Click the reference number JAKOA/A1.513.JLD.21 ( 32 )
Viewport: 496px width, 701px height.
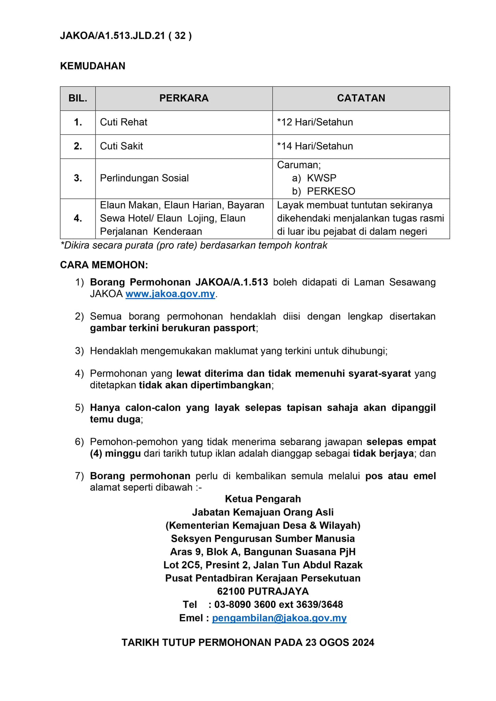[x=126, y=36]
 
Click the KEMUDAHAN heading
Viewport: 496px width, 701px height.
[x=92, y=66]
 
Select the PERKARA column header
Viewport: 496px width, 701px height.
[x=184, y=98]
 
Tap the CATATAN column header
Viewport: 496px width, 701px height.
[x=361, y=98]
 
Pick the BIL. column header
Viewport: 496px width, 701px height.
[x=78, y=98]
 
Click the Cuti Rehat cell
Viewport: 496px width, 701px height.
[x=124, y=122]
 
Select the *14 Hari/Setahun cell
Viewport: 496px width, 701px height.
[x=315, y=146]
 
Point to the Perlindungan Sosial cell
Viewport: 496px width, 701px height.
[x=144, y=178]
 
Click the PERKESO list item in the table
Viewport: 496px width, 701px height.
[x=331, y=191]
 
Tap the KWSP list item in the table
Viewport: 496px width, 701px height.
[x=321, y=178]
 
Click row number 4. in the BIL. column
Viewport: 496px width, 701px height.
[x=78, y=218]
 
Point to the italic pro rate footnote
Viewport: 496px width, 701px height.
[x=194, y=245]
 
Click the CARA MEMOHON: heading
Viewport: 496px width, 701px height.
[x=104, y=265]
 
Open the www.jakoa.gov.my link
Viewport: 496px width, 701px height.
[x=170, y=294]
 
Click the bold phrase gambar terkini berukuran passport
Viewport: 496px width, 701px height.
[x=173, y=328]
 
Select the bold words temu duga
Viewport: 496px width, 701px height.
[x=115, y=419]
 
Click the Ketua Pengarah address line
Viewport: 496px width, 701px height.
[x=263, y=499]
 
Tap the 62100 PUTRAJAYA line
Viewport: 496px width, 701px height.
[x=263, y=591]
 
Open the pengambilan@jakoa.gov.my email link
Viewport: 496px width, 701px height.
[x=279, y=618]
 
